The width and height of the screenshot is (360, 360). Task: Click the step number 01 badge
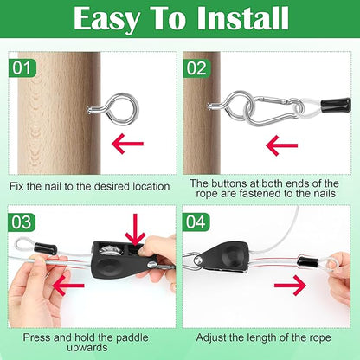click(x=22, y=68)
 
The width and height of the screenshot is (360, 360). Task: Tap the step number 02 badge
click(x=196, y=68)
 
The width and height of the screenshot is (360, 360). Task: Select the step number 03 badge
click(x=22, y=222)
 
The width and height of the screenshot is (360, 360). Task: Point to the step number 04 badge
click(x=196, y=222)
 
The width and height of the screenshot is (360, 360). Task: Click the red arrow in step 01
click(x=127, y=144)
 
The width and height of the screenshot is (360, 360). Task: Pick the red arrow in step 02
click(x=281, y=145)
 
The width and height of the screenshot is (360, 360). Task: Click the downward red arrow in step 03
click(x=135, y=230)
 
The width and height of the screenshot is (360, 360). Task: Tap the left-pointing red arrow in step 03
click(x=68, y=286)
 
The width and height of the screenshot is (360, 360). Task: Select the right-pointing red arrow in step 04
click(x=290, y=286)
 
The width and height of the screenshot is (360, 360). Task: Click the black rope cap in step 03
click(x=45, y=248)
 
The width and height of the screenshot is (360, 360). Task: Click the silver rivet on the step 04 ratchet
click(x=198, y=260)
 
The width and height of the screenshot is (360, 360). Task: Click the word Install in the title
click(x=242, y=19)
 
